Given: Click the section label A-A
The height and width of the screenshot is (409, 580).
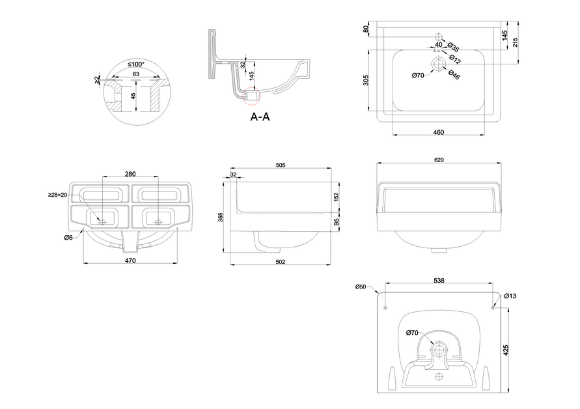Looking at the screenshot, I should tap(260, 117).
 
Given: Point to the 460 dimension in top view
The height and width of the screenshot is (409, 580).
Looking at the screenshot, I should tap(438, 132).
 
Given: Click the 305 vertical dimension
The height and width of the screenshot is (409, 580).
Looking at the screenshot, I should tap(366, 80).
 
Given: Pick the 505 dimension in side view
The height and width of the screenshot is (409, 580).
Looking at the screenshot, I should tap(281, 166).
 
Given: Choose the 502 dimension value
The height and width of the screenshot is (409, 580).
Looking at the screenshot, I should tap(281, 262).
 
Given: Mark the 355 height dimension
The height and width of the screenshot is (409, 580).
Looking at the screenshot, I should tap(221, 216).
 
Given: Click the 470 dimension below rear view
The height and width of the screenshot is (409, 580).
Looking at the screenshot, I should tap(130, 262).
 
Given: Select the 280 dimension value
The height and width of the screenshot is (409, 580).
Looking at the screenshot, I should tap(130, 173).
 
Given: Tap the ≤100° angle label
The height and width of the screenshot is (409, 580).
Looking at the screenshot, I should tap(136, 64).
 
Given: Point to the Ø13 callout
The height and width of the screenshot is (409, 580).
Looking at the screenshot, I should tap(510, 296).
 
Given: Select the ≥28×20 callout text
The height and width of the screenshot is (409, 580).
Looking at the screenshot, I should tap(57, 195).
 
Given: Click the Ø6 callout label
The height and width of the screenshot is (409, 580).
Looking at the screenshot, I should tap(68, 238).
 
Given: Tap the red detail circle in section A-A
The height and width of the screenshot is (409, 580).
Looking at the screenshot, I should tap(251, 95).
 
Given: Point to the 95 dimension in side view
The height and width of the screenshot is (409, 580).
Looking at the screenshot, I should tap(337, 221).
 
